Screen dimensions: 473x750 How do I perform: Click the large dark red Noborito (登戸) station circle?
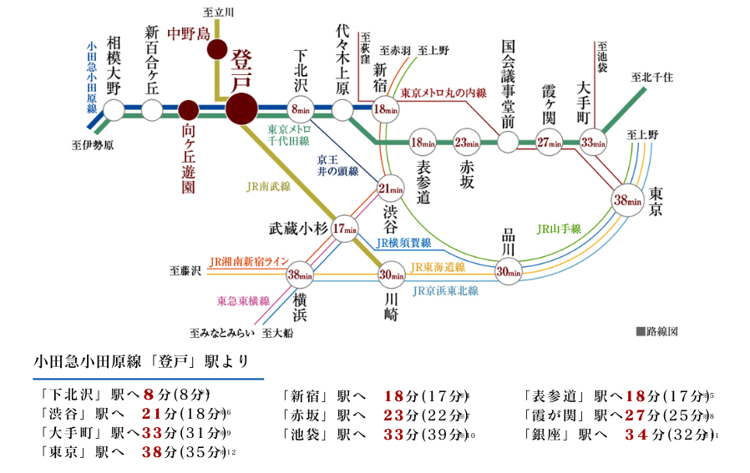click(x=241, y=109)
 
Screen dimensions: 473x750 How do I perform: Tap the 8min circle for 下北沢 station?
click(x=302, y=109)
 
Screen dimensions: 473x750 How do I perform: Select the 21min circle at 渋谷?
click(x=389, y=189)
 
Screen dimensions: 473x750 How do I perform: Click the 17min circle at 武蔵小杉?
click(x=345, y=229)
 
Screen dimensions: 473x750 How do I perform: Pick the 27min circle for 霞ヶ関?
click(x=549, y=143)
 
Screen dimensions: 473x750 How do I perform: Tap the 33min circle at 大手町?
click(x=594, y=143)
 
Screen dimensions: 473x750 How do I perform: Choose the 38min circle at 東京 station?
click(x=627, y=200)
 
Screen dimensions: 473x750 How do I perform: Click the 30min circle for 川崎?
click(x=391, y=274)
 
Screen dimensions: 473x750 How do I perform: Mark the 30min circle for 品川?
click(x=509, y=271)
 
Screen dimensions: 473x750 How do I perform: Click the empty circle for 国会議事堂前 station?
click(x=508, y=142)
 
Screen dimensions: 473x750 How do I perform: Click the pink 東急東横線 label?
click(x=243, y=300)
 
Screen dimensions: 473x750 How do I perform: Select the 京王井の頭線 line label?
click(x=337, y=165)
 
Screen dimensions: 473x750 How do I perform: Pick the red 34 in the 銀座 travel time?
click(x=636, y=434)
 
